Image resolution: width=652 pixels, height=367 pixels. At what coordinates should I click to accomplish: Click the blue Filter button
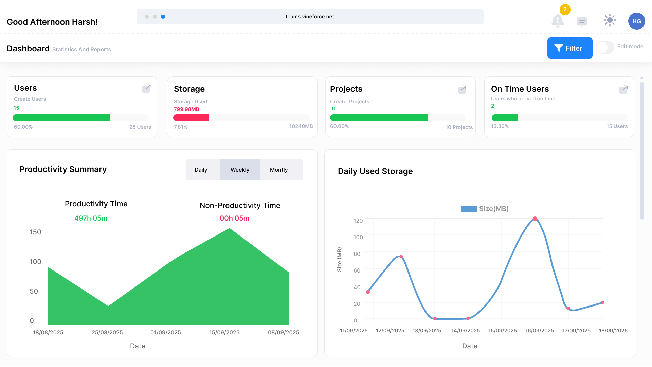click(x=570, y=48)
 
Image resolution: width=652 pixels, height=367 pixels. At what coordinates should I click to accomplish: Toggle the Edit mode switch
click(x=605, y=47)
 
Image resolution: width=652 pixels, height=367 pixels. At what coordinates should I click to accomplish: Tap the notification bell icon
click(x=558, y=20)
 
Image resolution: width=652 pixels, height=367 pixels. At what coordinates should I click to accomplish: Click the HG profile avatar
click(x=637, y=21)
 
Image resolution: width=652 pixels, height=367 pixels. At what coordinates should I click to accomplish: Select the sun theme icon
click(x=610, y=20)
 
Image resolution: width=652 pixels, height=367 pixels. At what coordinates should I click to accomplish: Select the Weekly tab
click(x=240, y=170)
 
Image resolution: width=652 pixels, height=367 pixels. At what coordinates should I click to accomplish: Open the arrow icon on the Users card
click(x=146, y=88)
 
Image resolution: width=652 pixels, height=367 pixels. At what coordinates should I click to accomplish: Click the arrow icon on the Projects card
click(x=462, y=89)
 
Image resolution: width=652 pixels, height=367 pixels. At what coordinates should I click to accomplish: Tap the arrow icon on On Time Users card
click(x=623, y=89)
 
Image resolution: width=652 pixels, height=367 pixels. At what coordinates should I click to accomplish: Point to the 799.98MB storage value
click(x=186, y=109)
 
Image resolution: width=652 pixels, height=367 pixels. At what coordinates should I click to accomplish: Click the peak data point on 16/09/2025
click(x=535, y=219)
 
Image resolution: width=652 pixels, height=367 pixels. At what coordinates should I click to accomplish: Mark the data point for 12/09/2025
click(x=401, y=257)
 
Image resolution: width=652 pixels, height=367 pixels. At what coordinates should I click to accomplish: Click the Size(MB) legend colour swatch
click(x=469, y=209)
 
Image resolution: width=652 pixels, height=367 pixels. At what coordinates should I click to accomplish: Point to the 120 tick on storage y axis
click(x=358, y=221)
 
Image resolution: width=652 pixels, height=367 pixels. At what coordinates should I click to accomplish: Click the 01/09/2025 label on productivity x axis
click(x=166, y=332)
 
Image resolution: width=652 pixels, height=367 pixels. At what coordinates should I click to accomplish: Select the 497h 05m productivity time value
click(x=91, y=218)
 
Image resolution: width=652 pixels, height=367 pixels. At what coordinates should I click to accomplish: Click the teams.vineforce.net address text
click(x=310, y=17)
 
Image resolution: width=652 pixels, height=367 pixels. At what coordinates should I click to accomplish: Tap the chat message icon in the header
click(x=582, y=21)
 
